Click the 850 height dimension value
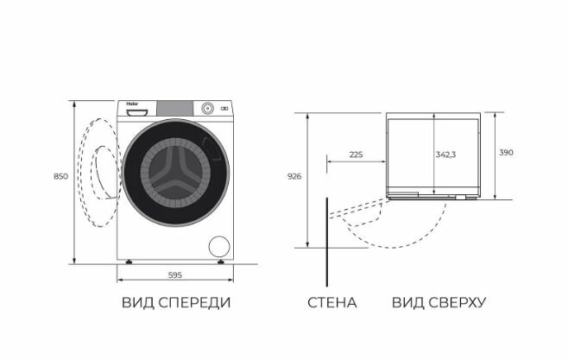pos(60,176)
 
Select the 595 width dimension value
pos(174,275)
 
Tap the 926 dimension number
pos(294,176)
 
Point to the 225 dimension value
pos(356,155)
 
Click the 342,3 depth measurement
pos(445,154)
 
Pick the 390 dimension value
pos(506,153)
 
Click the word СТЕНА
pos(331,303)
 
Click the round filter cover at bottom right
pos(220,245)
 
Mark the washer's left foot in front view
pos(129,262)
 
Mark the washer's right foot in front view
pos(222,262)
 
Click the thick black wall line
pos(326,242)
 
